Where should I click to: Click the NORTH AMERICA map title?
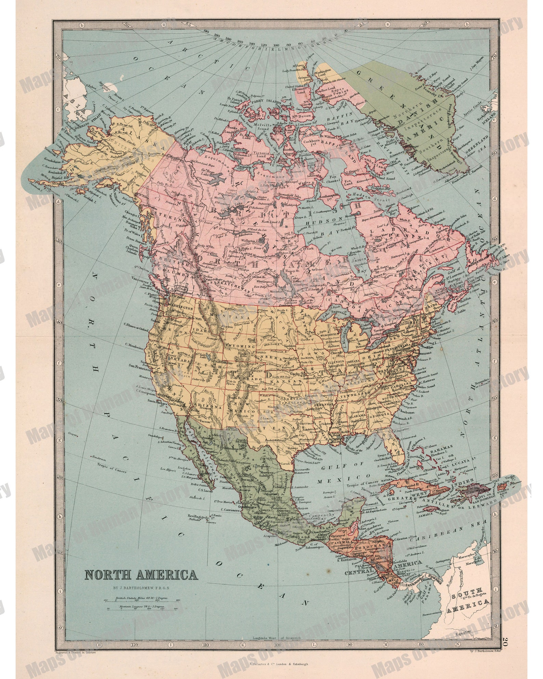point(141,574)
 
